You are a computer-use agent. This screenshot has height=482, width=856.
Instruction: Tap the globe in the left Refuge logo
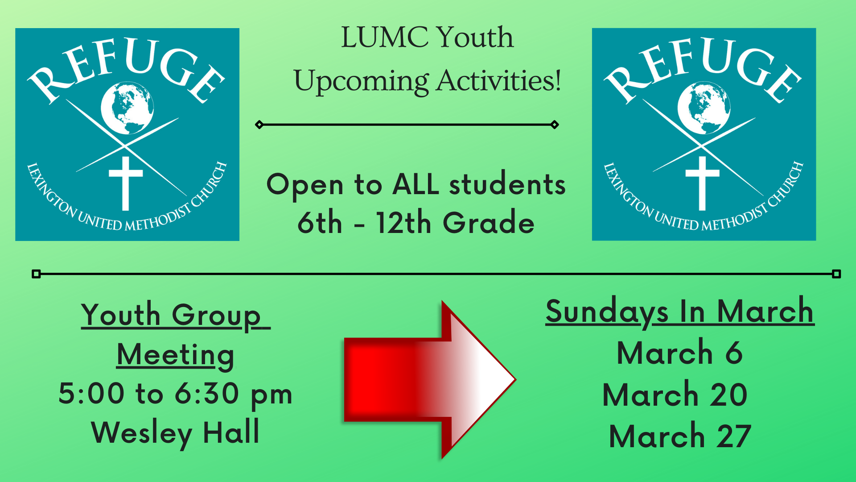point(127,108)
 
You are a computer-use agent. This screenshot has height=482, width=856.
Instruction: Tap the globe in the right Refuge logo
point(704,108)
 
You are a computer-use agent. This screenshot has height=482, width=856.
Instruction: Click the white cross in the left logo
point(126,183)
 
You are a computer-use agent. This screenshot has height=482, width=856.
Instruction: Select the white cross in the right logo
point(703,183)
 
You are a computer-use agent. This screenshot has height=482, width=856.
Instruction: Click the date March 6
point(680,353)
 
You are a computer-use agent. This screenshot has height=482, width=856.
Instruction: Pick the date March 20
point(675,395)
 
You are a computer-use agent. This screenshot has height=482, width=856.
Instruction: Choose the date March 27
point(680,436)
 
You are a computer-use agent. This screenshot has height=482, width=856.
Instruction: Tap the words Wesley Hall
point(175,433)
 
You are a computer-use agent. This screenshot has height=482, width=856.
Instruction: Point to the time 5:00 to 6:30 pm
point(175,394)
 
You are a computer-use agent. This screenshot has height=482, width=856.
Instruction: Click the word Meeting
point(175,355)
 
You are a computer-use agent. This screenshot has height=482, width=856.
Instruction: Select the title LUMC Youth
point(427,37)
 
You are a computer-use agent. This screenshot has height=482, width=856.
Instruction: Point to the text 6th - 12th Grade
point(416,223)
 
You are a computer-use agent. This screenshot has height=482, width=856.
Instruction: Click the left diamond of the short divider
point(259,125)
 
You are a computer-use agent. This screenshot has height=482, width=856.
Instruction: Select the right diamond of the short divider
point(555,125)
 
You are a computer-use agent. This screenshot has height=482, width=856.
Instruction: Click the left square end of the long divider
point(37,274)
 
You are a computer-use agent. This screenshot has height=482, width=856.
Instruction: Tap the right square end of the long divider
point(836,274)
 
